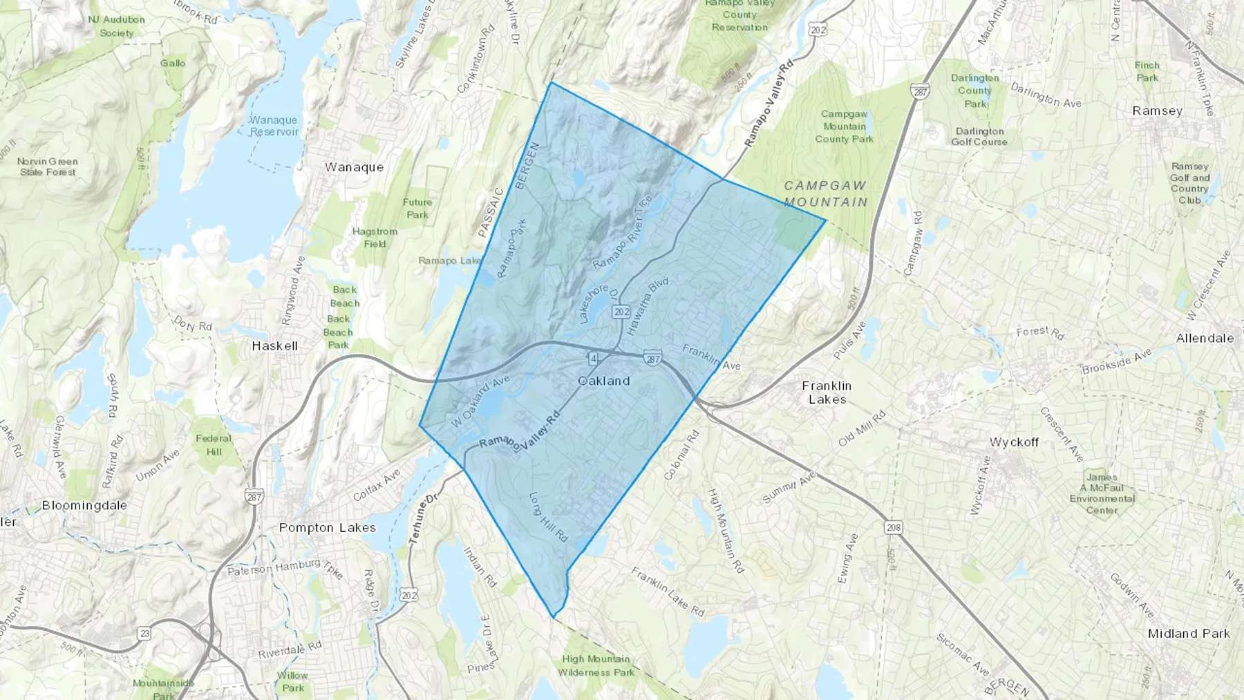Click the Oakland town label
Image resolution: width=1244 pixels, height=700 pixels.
(603, 381)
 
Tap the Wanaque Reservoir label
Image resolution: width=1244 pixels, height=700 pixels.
(274, 126)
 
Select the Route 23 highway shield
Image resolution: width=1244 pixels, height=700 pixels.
(144, 633)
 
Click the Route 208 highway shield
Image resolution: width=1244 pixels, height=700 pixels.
(894, 527)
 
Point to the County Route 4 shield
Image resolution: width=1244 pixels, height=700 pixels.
(593, 358)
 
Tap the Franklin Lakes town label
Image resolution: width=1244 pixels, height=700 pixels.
(827, 392)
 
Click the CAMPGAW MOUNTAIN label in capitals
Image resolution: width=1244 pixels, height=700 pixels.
(825, 193)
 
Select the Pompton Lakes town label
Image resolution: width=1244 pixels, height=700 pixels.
(328, 527)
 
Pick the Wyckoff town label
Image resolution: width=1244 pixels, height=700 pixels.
(1013, 442)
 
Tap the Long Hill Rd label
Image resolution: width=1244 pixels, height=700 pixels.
(548, 516)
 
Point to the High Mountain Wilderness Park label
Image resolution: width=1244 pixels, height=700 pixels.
(596, 665)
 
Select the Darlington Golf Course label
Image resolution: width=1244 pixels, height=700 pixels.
(979, 136)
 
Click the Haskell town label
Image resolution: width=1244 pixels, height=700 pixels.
(274, 346)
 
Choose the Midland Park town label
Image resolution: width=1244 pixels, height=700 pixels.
(1189, 633)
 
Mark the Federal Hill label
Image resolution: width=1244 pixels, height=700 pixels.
(214, 444)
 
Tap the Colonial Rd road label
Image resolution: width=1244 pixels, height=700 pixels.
(681, 455)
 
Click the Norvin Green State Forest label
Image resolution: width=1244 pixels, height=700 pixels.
(48, 167)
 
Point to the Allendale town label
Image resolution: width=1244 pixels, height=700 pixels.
(1205, 338)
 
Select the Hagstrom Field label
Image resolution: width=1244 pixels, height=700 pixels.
(375, 237)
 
